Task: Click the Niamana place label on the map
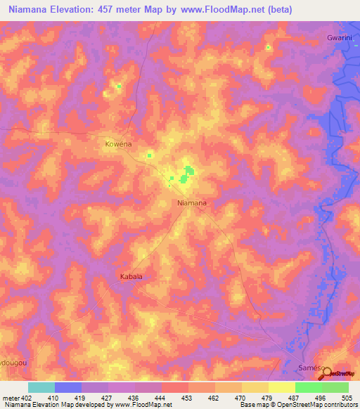191,203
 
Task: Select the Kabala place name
131,276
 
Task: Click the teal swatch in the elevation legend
41,387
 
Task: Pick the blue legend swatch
67,387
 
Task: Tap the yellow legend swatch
281,387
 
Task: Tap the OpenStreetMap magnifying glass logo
327,374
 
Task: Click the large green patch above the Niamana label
188,171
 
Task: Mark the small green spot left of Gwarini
268,48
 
